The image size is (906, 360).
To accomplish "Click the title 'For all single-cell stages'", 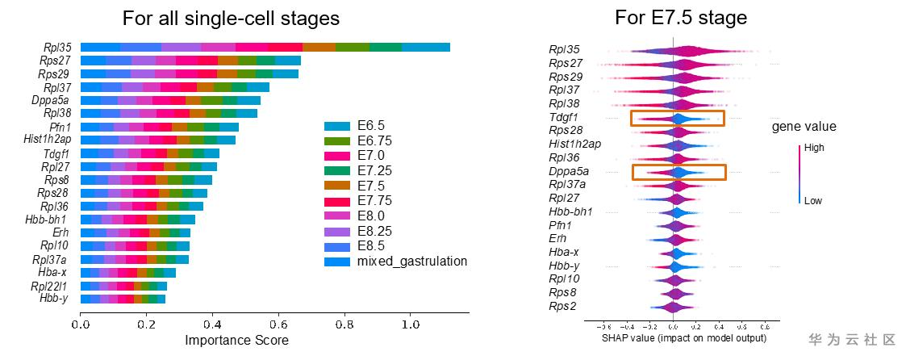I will click(231, 18).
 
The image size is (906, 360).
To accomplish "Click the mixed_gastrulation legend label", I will click(411, 262).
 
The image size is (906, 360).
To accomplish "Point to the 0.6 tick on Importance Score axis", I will click(278, 324).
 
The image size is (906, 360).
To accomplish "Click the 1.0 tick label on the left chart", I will click(411, 324).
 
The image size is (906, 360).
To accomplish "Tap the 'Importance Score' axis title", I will click(236, 340).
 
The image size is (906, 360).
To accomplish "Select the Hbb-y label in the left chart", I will click(55, 299).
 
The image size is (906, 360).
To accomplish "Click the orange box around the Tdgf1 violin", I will click(678, 119).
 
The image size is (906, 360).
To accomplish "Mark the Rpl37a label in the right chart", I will click(567, 184).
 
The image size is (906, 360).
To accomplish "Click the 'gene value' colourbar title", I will click(804, 126).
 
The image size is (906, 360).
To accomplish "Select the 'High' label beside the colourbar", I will click(814, 149).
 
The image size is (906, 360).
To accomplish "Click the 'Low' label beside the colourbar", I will click(812, 201).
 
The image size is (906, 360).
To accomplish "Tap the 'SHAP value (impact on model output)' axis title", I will click(684, 338).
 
